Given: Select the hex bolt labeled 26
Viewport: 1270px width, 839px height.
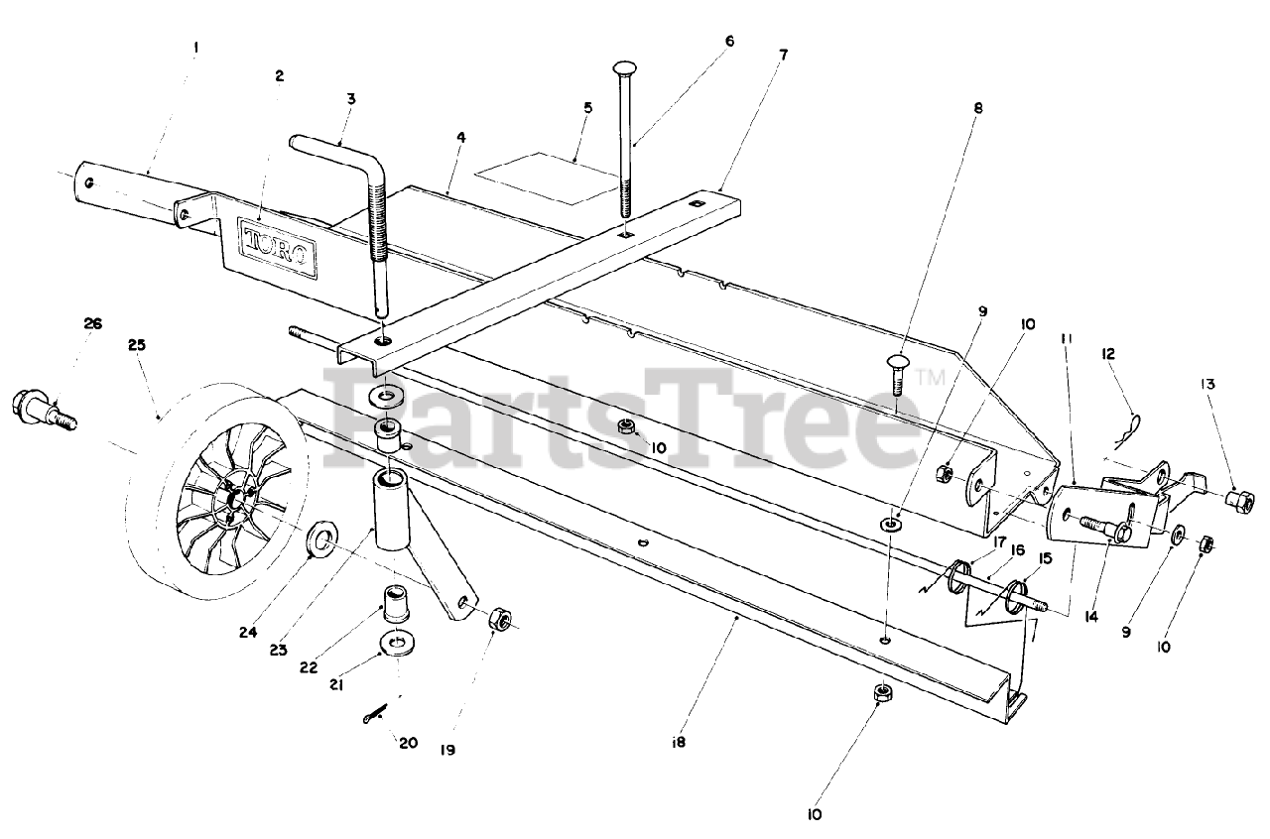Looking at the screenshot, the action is [41, 409].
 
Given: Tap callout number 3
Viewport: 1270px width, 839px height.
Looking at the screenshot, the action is [351, 98].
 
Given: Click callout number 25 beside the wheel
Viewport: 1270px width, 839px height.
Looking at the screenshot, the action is [136, 345].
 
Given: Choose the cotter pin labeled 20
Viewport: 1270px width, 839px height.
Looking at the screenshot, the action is [378, 714].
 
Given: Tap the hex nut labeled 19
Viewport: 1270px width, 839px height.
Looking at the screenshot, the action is [501, 621].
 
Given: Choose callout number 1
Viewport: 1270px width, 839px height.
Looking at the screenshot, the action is [195, 46].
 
